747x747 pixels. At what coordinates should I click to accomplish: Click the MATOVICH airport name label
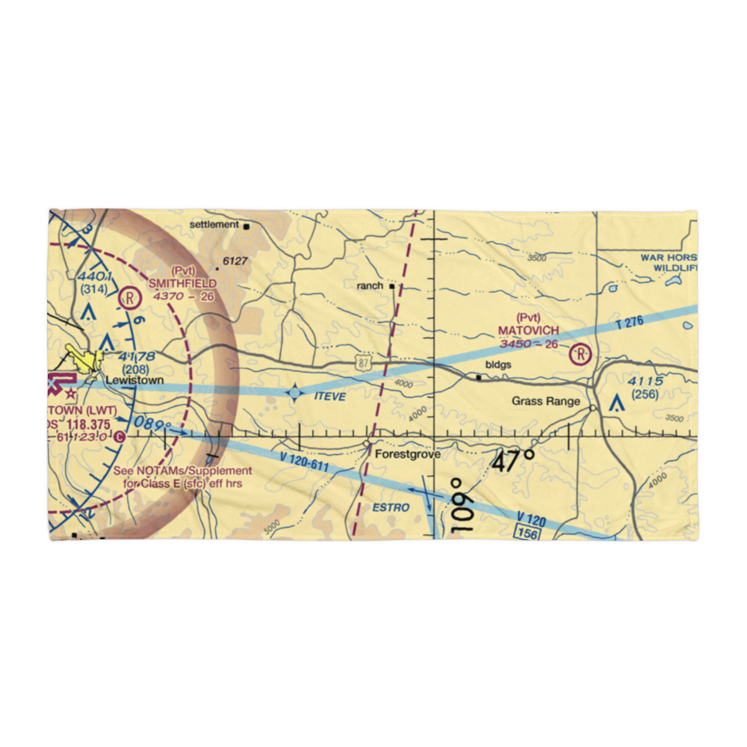pos(528,329)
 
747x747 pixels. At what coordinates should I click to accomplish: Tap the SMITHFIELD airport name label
pos(182,283)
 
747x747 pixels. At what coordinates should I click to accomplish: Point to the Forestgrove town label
pos(407,454)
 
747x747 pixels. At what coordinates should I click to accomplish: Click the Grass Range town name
pos(546,401)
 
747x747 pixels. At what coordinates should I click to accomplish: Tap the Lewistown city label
pos(134,380)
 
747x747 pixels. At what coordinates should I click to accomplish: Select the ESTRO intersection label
pos(391,508)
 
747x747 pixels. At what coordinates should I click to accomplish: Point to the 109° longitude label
pos(461,505)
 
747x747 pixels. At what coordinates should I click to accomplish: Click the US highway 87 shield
pos(362,362)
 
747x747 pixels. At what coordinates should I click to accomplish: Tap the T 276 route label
pos(630,323)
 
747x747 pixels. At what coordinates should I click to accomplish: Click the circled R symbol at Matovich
pos(580,353)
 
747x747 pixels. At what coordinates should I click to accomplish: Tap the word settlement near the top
pos(213,224)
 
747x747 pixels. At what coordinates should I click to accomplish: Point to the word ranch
pos(370,285)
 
